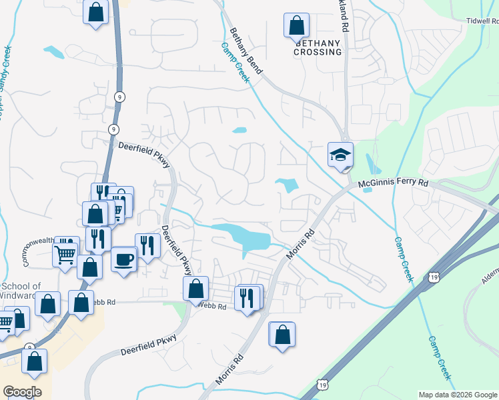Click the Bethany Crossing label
click(x=318, y=47)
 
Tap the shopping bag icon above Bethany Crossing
click(x=296, y=26)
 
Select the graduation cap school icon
click(x=340, y=156)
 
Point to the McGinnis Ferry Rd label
click(x=392, y=182)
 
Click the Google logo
click(x=22, y=392)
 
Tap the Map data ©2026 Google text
click(x=457, y=395)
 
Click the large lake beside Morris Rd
click(x=243, y=237)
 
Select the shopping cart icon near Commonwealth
click(x=65, y=253)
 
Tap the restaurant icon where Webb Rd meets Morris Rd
click(x=249, y=297)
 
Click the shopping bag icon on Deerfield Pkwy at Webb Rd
click(x=195, y=289)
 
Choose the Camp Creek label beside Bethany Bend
click(x=235, y=63)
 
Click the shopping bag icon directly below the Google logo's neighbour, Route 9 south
click(x=34, y=361)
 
